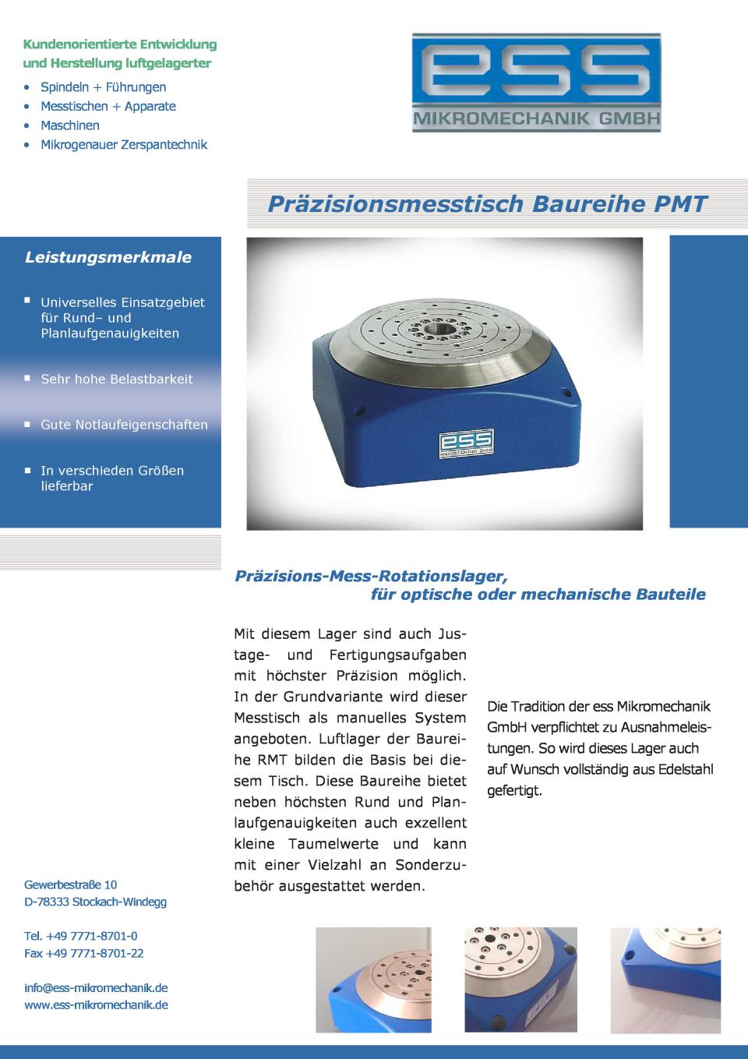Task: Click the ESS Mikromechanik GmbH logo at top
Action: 536,82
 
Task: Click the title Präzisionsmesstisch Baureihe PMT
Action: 487,204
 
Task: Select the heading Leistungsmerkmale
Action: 108,257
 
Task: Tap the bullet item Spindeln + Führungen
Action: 103,87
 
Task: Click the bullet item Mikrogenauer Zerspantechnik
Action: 124,144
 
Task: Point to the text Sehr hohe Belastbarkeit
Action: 117,379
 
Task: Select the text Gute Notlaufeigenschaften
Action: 125,425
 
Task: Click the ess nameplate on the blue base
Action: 465,442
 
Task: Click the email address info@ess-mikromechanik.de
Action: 96,987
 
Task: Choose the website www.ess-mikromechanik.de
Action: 96,1004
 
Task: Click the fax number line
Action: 84,953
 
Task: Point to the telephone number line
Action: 81,935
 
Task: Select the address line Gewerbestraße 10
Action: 71,884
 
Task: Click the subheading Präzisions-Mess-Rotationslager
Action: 371,576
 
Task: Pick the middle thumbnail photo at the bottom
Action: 520,980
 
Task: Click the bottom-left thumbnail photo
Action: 373,980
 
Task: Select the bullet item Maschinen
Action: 70,125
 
